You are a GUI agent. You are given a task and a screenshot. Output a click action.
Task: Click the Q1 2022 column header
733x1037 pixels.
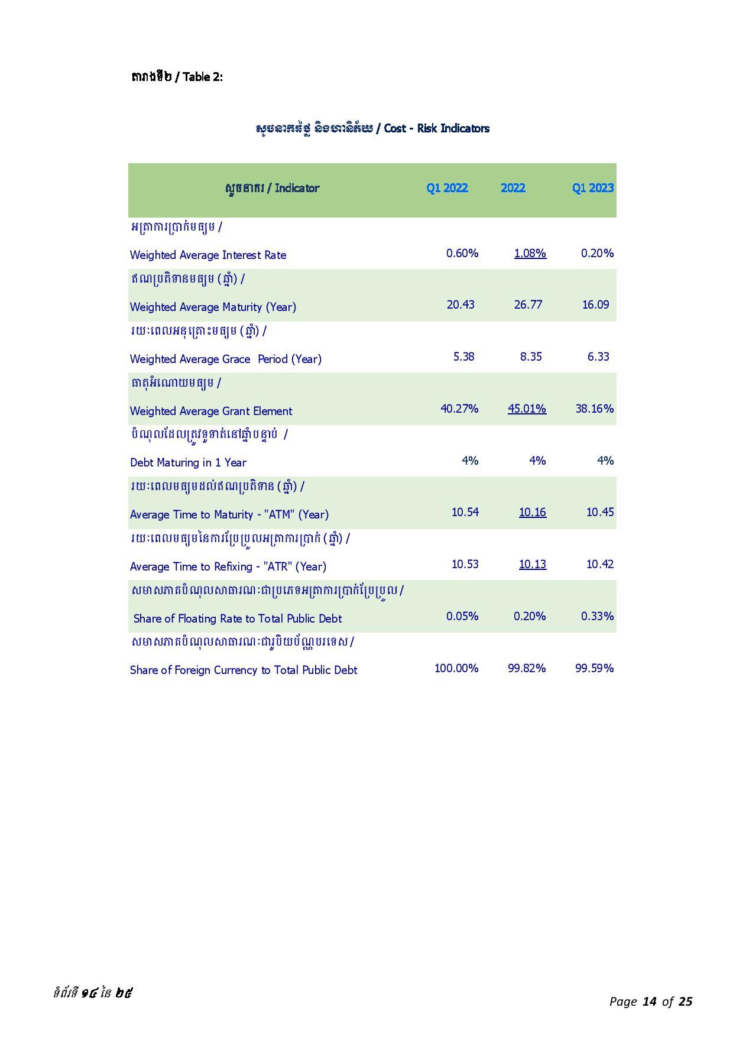coord(447,188)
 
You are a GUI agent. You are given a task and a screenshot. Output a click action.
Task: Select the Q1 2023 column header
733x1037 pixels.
coord(592,188)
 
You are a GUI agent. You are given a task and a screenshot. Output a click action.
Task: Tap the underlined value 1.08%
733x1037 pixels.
coord(530,253)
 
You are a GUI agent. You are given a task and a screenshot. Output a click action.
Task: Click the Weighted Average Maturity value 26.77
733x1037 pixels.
coord(528,304)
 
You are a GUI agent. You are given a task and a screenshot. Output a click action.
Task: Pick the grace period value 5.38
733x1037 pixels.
coord(463,357)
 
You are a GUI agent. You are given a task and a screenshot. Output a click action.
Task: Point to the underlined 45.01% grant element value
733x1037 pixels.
coord(527,409)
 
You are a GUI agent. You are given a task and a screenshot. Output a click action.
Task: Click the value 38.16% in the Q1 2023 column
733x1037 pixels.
coord(594,409)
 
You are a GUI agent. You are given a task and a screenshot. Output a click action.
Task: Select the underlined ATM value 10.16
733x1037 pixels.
coord(533,512)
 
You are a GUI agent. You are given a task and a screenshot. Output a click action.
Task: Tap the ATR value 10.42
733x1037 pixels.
coord(600,564)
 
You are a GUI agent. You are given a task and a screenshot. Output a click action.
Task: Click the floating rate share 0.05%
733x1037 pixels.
coord(462,616)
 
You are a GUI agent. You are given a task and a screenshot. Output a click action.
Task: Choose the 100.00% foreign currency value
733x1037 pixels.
coord(456,668)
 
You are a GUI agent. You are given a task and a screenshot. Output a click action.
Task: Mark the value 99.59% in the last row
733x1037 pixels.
coord(594,668)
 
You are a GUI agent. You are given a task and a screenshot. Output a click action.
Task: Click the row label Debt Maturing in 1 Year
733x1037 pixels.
coord(188,462)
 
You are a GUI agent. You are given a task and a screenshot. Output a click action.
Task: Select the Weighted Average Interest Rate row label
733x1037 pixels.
coord(208,255)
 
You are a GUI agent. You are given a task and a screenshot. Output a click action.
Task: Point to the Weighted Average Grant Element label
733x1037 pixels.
coord(211,411)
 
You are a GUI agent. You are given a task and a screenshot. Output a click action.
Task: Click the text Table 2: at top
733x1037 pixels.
coord(203,77)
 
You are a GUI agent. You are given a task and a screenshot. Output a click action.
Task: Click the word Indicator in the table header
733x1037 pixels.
coord(297,188)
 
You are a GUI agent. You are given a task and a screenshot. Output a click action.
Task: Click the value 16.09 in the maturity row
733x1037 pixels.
coord(595,304)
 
